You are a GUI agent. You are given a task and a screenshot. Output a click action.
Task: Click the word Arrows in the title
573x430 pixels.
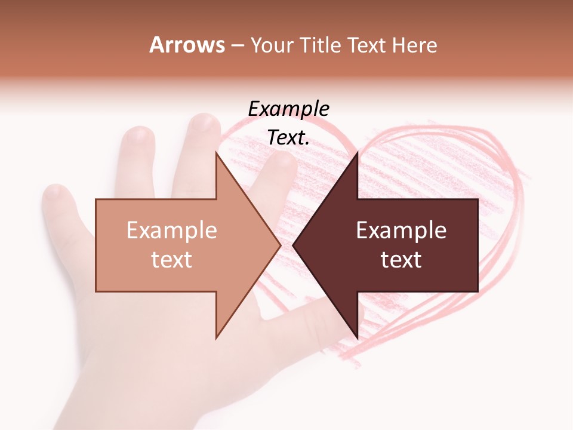[x=187, y=45]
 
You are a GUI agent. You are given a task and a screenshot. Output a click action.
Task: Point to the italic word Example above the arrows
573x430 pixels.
[x=288, y=109]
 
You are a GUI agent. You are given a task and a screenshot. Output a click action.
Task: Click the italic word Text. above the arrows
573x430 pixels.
[x=288, y=138]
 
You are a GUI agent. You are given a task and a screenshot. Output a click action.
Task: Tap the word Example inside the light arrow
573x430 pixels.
[x=171, y=230]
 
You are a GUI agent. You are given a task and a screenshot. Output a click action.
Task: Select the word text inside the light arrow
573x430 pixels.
[x=171, y=259]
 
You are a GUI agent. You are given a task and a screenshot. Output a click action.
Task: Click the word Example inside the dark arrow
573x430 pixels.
[x=401, y=230]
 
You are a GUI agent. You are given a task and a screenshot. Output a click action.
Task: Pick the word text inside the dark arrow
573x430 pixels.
[x=401, y=259]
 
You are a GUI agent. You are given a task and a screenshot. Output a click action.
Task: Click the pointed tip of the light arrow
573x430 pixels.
[x=279, y=245]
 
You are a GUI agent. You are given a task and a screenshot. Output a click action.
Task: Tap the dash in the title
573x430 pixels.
[x=237, y=45]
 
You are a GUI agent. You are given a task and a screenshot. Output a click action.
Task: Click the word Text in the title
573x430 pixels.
[x=365, y=45]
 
